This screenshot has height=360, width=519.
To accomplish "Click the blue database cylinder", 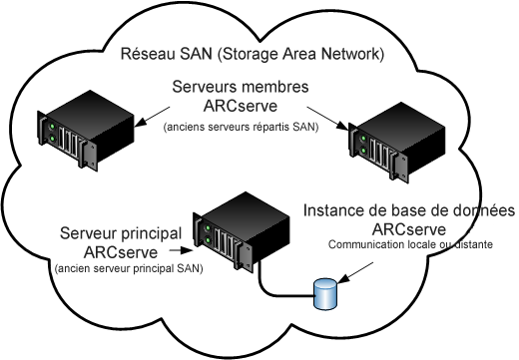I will tap(325, 294).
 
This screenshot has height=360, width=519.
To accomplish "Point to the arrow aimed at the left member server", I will tap(144, 110).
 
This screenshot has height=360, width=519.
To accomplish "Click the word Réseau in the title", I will tap(147, 53).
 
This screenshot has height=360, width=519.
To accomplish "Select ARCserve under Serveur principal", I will tap(121, 251).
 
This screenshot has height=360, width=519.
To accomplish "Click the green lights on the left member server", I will tap(46, 129).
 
